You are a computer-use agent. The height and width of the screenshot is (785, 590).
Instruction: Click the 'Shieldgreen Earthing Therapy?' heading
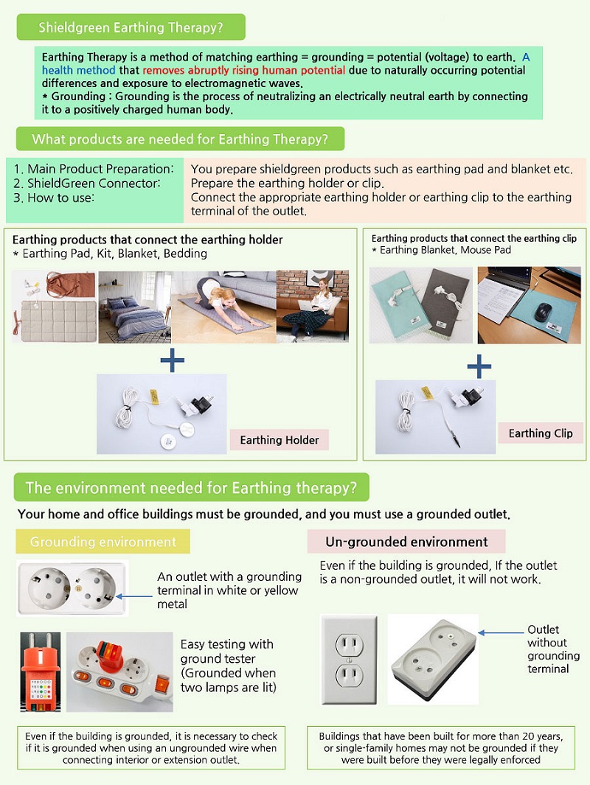[x=131, y=28]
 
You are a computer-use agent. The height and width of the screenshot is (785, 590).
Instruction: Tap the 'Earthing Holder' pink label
[x=280, y=440]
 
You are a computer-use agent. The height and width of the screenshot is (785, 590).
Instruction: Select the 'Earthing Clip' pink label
[x=541, y=433]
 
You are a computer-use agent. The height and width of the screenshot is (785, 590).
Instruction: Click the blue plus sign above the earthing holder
[x=172, y=360]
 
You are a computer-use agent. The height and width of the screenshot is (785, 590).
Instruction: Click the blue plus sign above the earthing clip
[x=479, y=365]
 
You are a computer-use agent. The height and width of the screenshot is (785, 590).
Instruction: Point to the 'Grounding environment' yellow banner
[x=103, y=542]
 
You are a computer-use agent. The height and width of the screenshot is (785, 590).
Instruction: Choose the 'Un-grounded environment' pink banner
[x=406, y=542]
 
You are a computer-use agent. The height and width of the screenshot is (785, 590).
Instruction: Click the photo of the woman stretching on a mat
[x=223, y=306]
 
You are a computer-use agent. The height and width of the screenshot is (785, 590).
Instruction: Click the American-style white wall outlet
[x=349, y=660]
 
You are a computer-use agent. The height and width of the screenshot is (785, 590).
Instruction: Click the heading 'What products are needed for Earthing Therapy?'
[x=180, y=139]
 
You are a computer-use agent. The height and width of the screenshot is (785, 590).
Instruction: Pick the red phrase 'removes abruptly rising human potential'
[x=243, y=70]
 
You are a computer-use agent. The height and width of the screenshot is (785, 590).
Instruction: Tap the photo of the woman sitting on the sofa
[x=313, y=306]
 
